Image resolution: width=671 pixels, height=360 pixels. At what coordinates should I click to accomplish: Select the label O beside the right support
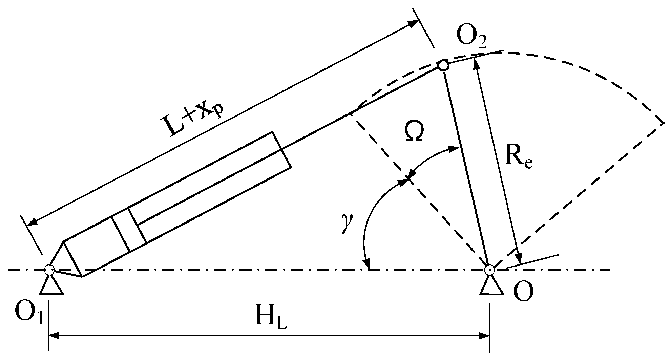pyautogui.click(x=523, y=291)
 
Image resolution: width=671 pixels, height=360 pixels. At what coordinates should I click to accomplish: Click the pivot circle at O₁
pyautogui.click(x=49, y=270)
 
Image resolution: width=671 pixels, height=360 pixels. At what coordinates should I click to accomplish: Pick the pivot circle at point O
pyautogui.click(x=489, y=270)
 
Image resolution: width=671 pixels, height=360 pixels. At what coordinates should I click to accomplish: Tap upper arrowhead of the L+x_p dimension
pyautogui.click(x=413, y=23)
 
